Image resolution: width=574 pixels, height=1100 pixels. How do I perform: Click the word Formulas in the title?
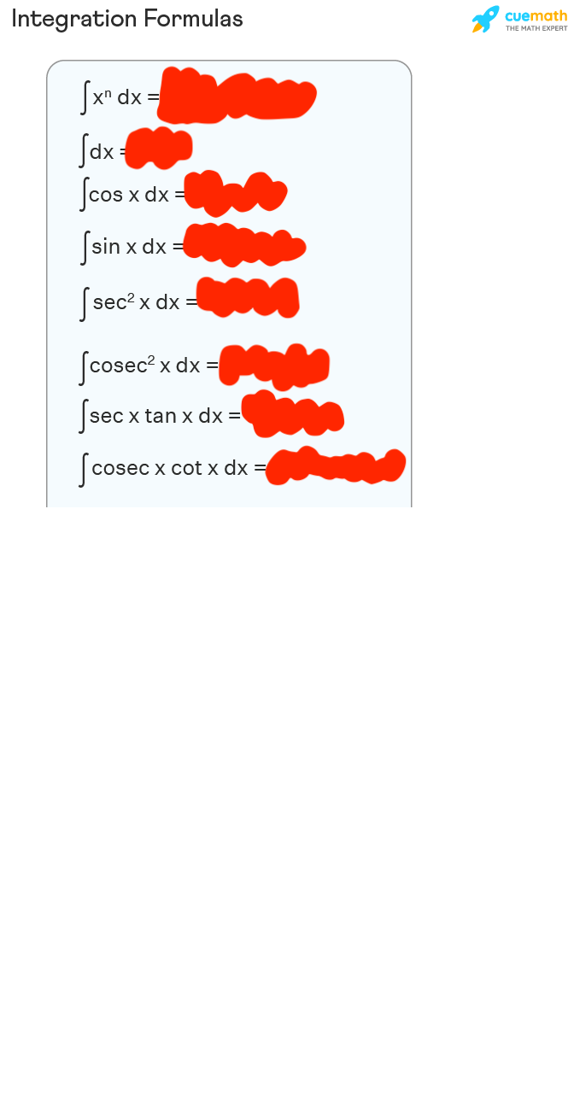pos(192,19)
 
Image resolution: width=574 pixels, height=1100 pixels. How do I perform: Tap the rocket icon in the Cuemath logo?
pos(485,19)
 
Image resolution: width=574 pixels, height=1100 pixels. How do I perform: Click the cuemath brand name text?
pos(536,15)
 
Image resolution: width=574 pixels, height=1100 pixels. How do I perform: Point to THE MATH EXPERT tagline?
pos(536,28)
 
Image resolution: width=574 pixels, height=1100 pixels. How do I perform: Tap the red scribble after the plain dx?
pos(159,148)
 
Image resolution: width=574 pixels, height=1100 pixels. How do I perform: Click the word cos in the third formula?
pos(106,195)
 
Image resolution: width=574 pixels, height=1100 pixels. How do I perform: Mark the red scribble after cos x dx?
pos(235,194)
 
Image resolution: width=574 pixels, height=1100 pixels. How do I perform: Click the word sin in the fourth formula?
pos(106,247)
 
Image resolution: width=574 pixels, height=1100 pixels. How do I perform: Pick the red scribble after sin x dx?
pos(243,245)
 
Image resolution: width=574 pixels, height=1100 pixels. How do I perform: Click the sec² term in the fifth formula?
pos(114,301)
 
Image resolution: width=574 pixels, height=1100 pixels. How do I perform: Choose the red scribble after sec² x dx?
pos(248,298)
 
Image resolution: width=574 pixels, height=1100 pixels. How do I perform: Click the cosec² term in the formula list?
pos(122,366)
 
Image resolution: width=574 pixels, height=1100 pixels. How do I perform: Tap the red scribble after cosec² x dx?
pos(273,365)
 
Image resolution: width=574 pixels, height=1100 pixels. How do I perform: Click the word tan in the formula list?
pos(161,416)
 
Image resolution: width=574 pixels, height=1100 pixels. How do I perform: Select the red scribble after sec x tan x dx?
pos(292,414)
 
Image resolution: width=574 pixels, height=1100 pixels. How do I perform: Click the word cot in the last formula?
pos(186,468)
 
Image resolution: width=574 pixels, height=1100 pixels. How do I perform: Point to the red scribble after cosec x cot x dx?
pos(335,467)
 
